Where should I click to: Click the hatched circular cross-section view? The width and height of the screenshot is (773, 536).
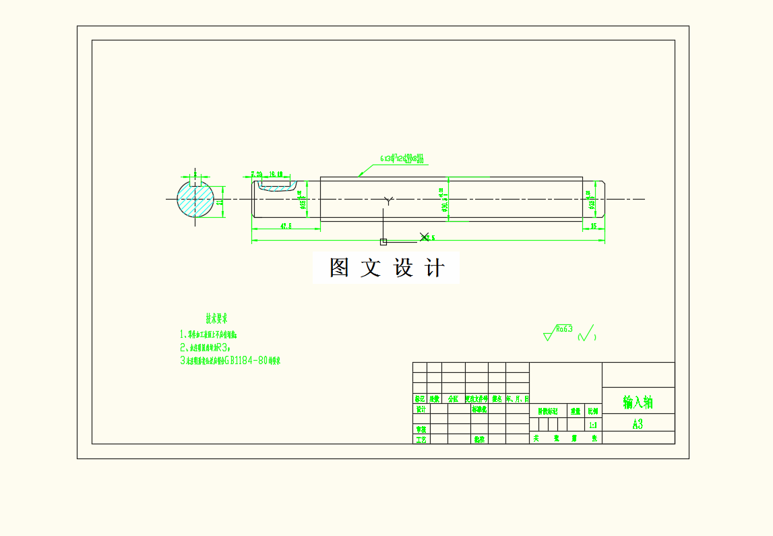(x=195, y=199)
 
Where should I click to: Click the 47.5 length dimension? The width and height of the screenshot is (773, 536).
(x=285, y=227)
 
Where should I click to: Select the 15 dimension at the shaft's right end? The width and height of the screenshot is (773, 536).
(x=594, y=226)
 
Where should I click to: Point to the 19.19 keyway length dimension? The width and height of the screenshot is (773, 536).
(x=275, y=175)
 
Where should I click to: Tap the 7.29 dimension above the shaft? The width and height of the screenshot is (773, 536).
(x=256, y=175)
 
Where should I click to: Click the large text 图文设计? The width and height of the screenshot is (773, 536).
(x=387, y=268)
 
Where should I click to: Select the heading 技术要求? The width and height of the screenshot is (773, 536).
(x=216, y=318)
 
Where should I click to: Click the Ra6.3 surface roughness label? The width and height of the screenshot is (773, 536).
(x=564, y=329)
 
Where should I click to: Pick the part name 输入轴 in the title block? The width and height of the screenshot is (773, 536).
(x=638, y=403)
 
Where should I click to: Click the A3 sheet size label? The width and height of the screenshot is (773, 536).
(x=638, y=424)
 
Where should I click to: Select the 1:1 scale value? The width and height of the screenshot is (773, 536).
(x=593, y=425)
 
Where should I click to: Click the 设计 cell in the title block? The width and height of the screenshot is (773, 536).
(x=421, y=409)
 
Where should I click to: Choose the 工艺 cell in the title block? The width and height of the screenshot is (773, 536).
(x=421, y=440)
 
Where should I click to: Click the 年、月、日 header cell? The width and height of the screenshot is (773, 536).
(x=518, y=399)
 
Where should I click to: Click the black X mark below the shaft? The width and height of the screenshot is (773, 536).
(x=424, y=237)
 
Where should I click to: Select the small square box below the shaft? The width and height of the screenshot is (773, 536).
(x=383, y=241)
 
